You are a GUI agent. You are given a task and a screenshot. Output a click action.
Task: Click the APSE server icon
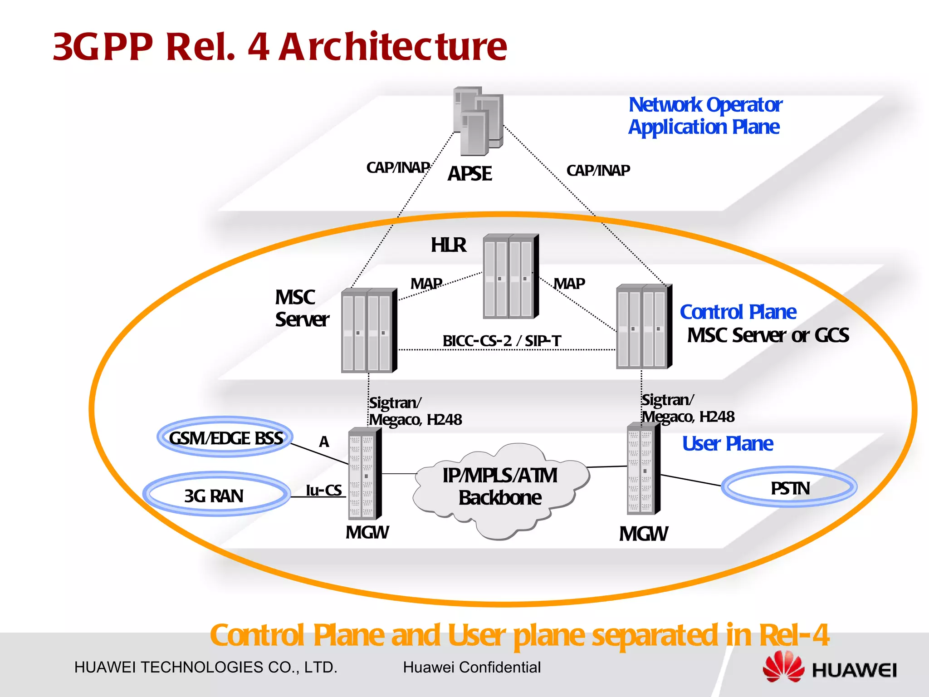[478, 121]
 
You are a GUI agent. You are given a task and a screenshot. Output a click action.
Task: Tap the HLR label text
[448, 245]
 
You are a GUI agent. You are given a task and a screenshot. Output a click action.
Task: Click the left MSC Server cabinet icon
[369, 330]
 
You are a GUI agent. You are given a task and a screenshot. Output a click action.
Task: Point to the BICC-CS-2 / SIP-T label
[502, 340]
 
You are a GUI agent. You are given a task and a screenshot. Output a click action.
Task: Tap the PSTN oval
[789, 488]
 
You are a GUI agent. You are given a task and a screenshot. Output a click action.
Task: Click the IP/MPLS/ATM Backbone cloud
[500, 488]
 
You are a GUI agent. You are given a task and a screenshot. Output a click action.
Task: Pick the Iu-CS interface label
[323, 490]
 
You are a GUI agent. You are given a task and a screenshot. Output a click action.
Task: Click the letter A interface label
[323, 442]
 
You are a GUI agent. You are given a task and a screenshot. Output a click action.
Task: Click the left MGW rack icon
[364, 474]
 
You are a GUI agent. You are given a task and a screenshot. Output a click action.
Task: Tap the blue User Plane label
[727, 443]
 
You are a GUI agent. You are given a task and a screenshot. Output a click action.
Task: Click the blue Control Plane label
[738, 312]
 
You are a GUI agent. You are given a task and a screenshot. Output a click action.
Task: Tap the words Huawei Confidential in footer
[472, 667]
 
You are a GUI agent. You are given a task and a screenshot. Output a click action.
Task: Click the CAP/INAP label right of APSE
[598, 170]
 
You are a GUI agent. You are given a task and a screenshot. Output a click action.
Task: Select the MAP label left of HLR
[426, 284]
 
